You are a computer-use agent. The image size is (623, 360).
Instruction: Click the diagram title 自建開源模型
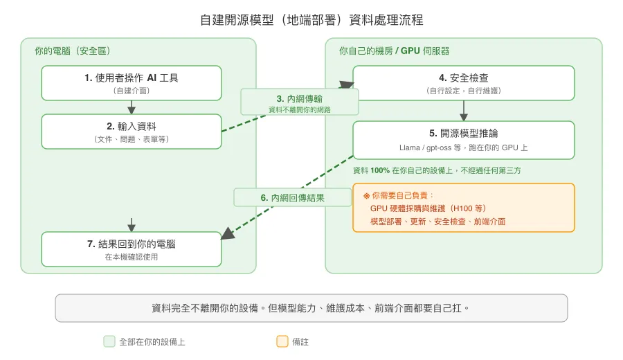point(311,19)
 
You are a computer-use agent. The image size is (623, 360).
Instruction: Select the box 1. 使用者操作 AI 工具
point(132,83)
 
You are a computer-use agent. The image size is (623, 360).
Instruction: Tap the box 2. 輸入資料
point(132,132)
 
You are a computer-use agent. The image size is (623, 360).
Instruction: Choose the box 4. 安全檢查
point(464,83)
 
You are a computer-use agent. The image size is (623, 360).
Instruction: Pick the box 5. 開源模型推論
point(464,140)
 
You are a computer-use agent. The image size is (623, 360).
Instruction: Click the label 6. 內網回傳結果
point(293,197)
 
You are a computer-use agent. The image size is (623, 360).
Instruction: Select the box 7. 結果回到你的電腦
point(132,249)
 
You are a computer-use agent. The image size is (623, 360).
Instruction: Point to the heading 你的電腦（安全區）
point(73,51)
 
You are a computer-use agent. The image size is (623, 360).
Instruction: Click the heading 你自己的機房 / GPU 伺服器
point(394,51)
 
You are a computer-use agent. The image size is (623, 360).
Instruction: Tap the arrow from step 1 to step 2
point(132,107)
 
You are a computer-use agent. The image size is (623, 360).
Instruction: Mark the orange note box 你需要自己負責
point(464,208)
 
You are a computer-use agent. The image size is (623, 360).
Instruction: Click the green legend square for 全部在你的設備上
point(109,341)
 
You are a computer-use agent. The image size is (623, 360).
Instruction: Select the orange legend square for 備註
point(282,341)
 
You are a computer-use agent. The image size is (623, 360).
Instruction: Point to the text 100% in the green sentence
point(379,170)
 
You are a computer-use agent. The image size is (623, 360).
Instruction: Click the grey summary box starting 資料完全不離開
point(311,308)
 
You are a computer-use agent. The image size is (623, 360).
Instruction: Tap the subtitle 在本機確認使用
point(132,257)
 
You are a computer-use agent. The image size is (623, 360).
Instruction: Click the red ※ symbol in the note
point(366,196)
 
